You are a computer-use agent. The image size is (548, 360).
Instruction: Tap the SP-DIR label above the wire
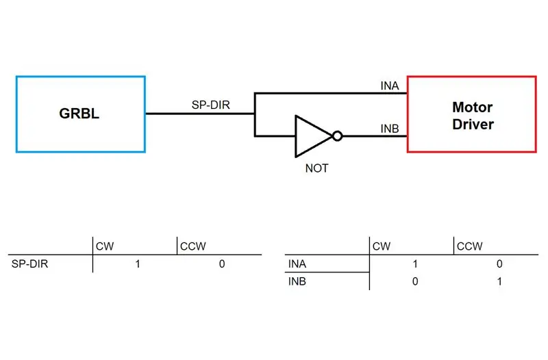pyautogui.click(x=211, y=105)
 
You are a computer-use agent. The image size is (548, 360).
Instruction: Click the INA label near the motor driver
pyautogui.click(x=390, y=86)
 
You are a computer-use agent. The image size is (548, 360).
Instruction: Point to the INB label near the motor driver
pyautogui.click(x=390, y=129)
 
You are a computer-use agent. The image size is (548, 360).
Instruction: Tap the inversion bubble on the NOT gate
pyautogui.click(x=337, y=136)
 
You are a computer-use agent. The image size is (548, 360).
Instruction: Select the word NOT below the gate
pyautogui.click(x=316, y=168)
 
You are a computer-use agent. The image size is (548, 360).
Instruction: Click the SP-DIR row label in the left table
pyautogui.click(x=29, y=263)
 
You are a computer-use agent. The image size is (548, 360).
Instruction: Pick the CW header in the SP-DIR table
pyautogui.click(x=105, y=246)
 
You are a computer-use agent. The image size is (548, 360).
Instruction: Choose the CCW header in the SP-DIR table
pyautogui.click(x=193, y=246)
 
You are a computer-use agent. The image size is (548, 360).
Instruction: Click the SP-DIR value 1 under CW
pyautogui.click(x=138, y=263)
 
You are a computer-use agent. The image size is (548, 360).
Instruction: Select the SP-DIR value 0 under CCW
pyautogui.click(x=222, y=263)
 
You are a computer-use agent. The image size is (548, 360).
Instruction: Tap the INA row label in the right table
pyautogui.click(x=297, y=263)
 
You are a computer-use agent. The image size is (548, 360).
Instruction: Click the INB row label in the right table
pyautogui.click(x=297, y=281)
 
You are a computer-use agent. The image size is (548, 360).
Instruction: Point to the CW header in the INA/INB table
pyautogui.click(x=382, y=246)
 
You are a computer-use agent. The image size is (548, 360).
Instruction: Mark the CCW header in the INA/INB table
pyautogui.click(x=470, y=246)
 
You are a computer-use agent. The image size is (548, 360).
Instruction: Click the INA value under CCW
pyautogui.click(x=499, y=263)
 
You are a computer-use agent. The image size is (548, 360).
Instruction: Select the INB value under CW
pyautogui.click(x=415, y=281)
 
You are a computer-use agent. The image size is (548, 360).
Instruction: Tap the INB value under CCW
pyautogui.click(x=499, y=281)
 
